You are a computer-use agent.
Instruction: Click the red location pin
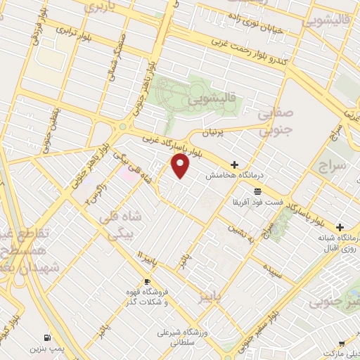tap(181, 166)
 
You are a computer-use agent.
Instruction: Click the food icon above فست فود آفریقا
tap(258, 191)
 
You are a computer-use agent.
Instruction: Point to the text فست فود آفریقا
tap(257, 202)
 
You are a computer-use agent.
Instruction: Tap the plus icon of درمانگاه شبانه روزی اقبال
tap(340, 228)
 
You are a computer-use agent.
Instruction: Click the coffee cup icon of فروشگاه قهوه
tap(147, 281)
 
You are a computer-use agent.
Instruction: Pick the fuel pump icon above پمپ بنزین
tap(47, 337)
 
